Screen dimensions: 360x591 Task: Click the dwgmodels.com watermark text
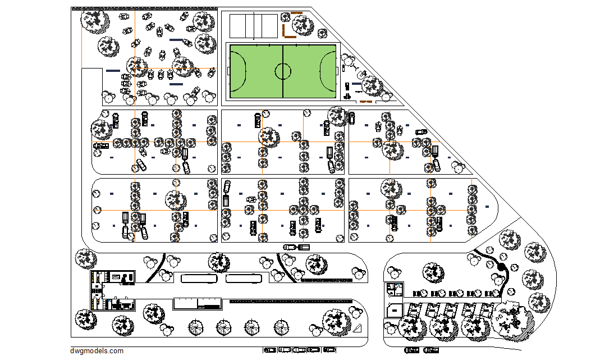pyautogui.click(x=97, y=351)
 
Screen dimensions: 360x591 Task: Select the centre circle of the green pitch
pyautogui.click(x=283, y=71)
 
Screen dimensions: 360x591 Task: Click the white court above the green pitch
pyautogui.click(x=254, y=25)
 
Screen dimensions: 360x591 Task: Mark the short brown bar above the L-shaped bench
pyautogui.click(x=296, y=13)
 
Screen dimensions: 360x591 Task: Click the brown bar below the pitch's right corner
pyautogui.click(x=365, y=102)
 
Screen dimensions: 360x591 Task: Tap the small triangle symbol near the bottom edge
pyautogui.click(x=358, y=329)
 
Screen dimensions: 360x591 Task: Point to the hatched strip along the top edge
pyautogui.click(x=144, y=8)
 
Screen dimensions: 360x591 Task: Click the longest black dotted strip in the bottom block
pyautogui.click(x=290, y=302)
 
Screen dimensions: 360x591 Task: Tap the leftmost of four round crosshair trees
pyautogui.click(x=196, y=326)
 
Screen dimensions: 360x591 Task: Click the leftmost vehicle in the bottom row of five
pyautogui.click(x=270, y=350)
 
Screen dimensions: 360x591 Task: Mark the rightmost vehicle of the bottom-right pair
pyautogui.click(x=431, y=350)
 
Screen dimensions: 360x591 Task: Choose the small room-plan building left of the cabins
pyautogui.click(x=395, y=290)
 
